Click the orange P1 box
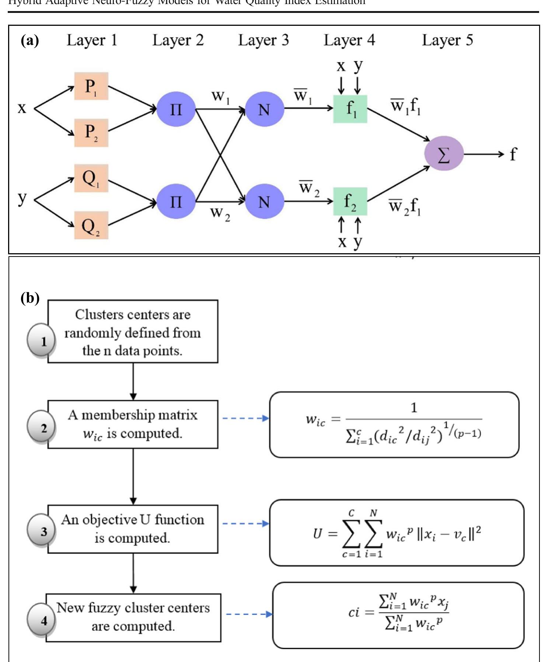(91, 86)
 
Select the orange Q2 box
(91, 225)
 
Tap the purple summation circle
(443, 154)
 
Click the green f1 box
(350, 109)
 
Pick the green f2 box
(350, 201)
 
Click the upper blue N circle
(264, 109)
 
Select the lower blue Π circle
(176, 201)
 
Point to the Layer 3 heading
(263, 40)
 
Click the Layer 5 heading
(447, 40)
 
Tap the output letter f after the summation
(513, 154)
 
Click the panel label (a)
(30, 40)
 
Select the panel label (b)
(30, 298)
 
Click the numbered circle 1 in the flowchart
(41, 341)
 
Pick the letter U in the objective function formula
(317, 533)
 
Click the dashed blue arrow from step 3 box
(245, 523)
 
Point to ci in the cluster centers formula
(354, 612)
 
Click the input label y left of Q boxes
(22, 198)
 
